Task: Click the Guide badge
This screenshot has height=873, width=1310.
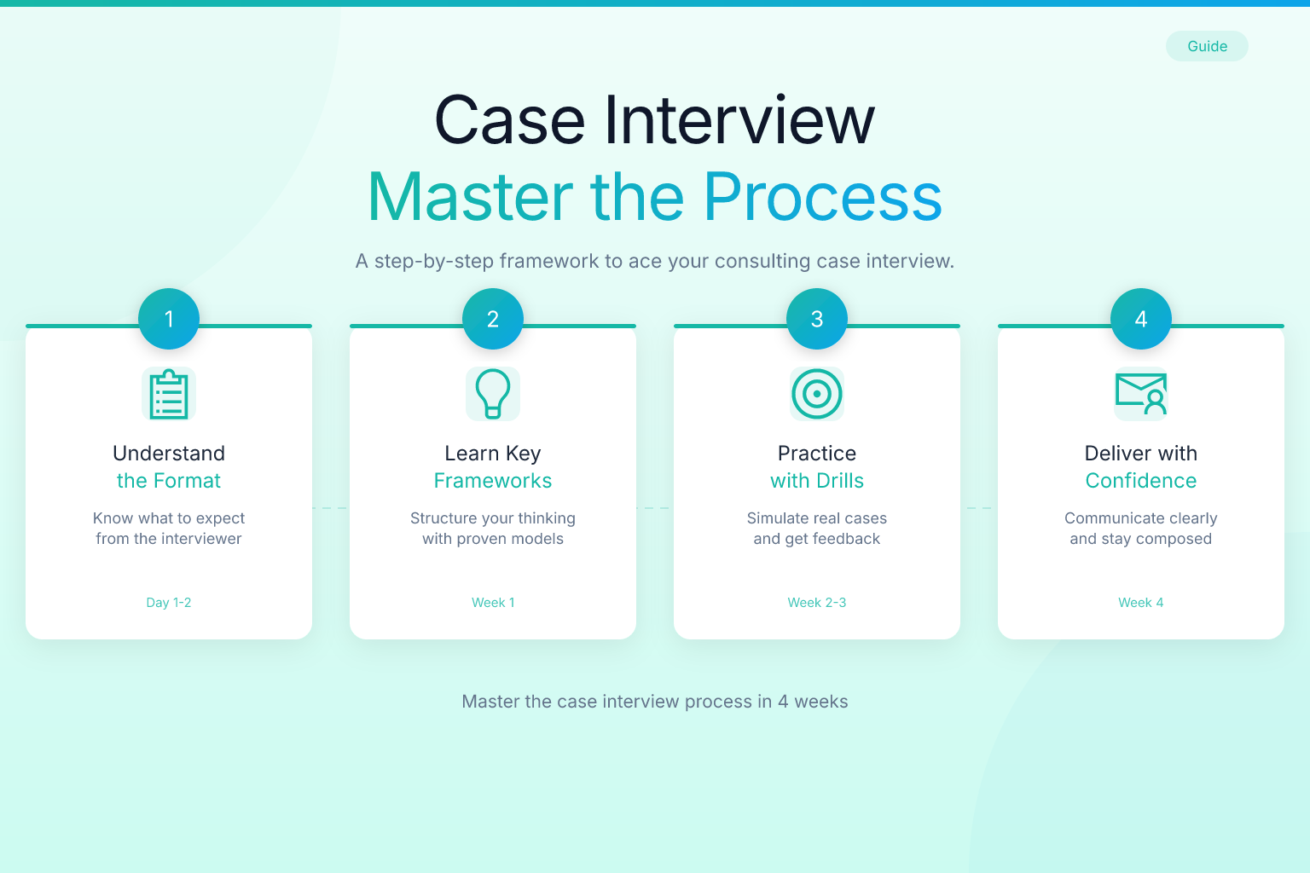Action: click(x=1207, y=46)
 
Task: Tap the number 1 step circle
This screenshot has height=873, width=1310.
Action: click(x=169, y=319)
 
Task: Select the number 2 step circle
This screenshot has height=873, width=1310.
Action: click(x=493, y=319)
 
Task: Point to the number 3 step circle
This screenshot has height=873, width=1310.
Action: click(x=817, y=319)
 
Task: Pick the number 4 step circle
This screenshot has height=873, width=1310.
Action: click(x=1141, y=319)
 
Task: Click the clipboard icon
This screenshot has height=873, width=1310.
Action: click(x=169, y=394)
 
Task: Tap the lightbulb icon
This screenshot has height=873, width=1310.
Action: click(x=493, y=394)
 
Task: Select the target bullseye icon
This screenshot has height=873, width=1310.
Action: click(x=817, y=394)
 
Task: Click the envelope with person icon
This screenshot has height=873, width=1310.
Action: click(x=1141, y=394)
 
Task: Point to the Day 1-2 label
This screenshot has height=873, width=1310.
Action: click(x=168, y=602)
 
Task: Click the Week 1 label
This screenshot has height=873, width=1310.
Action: click(x=493, y=602)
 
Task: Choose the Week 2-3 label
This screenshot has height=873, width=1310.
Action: click(x=817, y=602)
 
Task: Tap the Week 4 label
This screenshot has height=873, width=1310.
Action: click(x=1141, y=602)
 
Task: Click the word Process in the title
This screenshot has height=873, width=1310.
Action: click(x=823, y=196)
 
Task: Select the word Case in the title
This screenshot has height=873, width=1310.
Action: click(x=509, y=120)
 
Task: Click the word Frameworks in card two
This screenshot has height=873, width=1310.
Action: click(x=493, y=481)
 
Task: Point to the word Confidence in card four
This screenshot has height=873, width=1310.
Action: click(x=1141, y=481)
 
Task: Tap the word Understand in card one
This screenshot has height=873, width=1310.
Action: click(x=168, y=454)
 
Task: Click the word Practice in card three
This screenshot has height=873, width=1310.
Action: click(x=817, y=454)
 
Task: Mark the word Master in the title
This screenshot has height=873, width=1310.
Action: click(x=470, y=196)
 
